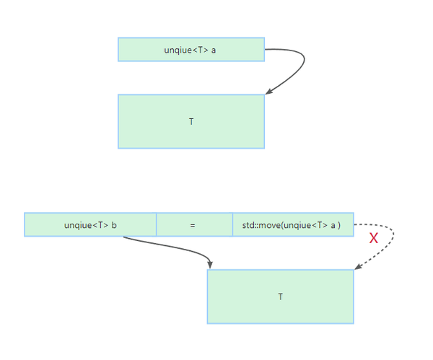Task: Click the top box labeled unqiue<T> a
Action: click(191, 50)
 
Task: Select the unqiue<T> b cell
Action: click(90, 225)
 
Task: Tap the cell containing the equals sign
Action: click(193, 225)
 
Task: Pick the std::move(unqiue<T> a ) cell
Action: click(293, 225)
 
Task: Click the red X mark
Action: click(374, 238)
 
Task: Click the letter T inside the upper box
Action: click(191, 122)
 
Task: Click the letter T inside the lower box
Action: click(280, 297)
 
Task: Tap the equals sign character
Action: click(193, 225)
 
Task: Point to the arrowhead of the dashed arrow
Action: click(358, 267)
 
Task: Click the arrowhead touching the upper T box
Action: click(268, 91)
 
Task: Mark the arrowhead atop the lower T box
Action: click(210, 265)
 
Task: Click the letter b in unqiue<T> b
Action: click(114, 225)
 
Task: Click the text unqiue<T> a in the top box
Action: click(191, 50)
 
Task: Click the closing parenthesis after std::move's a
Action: click(339, 225)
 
